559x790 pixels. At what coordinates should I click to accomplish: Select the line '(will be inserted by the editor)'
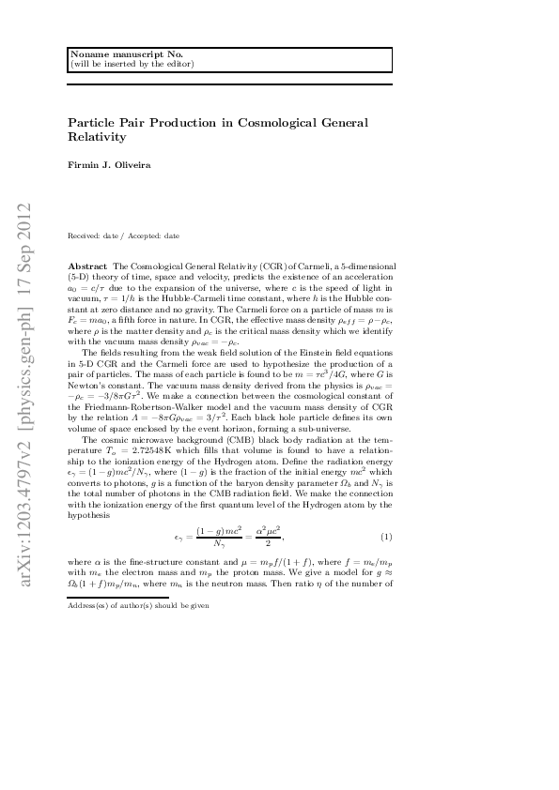[x=132, y=64]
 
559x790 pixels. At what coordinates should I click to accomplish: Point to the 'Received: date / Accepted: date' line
[x=124, y=236]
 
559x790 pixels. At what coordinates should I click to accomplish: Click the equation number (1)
[x=385, y=537]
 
